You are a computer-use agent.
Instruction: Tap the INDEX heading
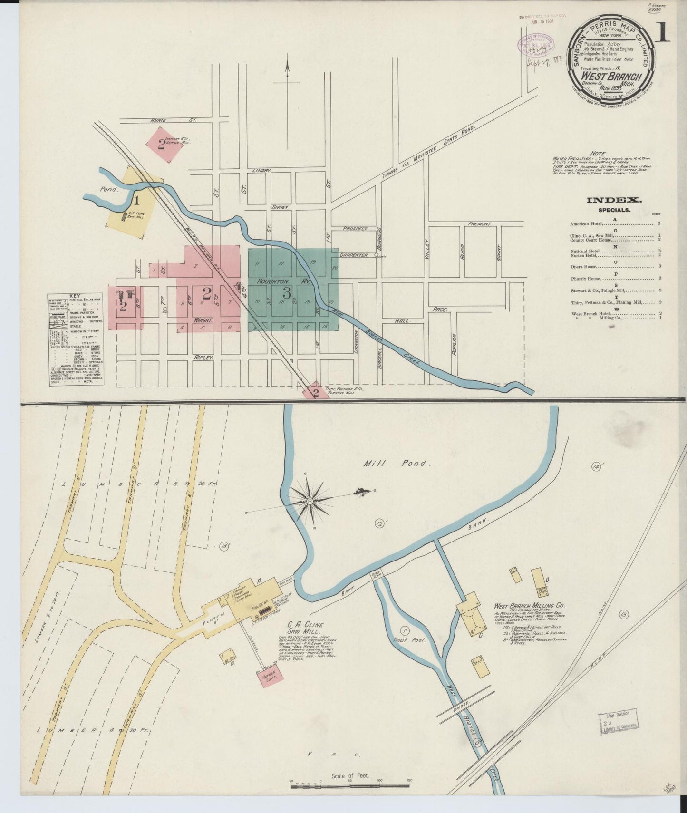[614, 200]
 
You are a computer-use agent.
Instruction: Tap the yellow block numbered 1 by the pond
[136, 200]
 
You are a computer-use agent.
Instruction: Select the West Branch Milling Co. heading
[529, 606]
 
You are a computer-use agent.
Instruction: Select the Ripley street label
[203, 356]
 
